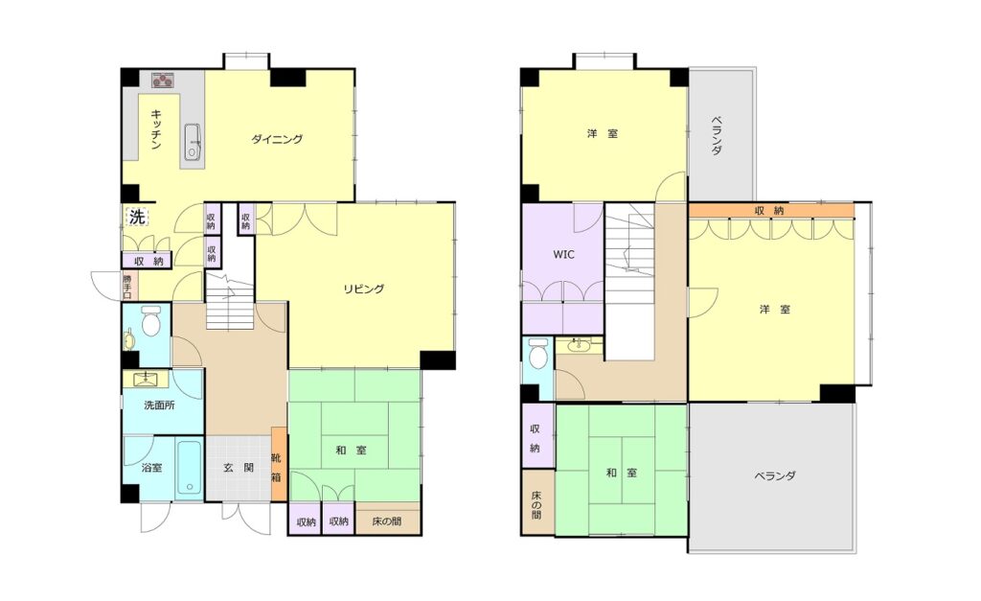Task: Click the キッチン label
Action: (x=156, y=129)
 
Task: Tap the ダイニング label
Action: (x=277, y=139)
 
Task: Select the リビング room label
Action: (x=363, y=289)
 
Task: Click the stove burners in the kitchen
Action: (x=163, y=80)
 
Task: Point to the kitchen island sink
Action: (x=193, y=142)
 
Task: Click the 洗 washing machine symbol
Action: (x=137, y=217)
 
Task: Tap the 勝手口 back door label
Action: (x=127, y=286)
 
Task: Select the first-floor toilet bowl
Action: (x=150, y=322)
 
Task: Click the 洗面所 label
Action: (x=159, y=405)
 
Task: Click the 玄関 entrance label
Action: (x=239, y=467)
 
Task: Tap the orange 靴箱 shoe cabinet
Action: (x=279, y=463)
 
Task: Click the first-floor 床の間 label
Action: (x=386, y=520)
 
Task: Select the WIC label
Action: (x=563, y=255)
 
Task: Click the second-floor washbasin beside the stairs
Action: (x=578, y=344)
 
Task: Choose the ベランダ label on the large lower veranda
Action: (x=774, y=475)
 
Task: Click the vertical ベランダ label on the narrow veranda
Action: (x=717, y=134)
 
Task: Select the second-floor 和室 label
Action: (x=621, y=473)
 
